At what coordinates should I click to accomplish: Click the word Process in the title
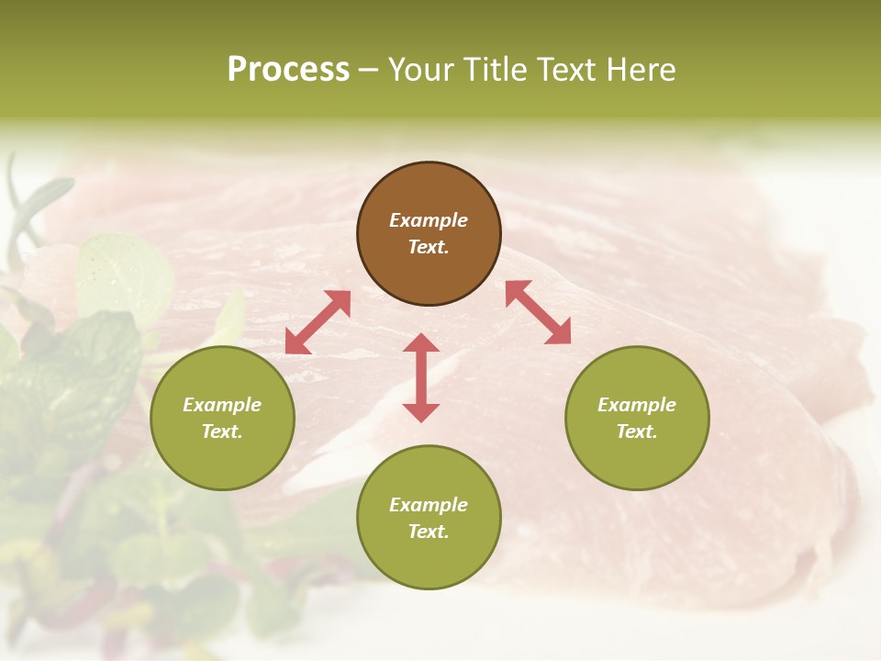[x=288, y=70]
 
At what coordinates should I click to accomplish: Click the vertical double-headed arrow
[x=421, y=377]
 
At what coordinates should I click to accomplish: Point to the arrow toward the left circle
[x=318, y=322]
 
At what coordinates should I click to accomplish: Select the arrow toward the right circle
[x=539, y=312]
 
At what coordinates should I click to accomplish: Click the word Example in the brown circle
[x=429, y=220]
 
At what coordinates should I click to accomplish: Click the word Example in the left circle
[x=222, y=405]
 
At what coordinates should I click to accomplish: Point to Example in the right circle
[x=637, y=405]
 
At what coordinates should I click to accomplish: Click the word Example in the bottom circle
[x=429, y=505]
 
